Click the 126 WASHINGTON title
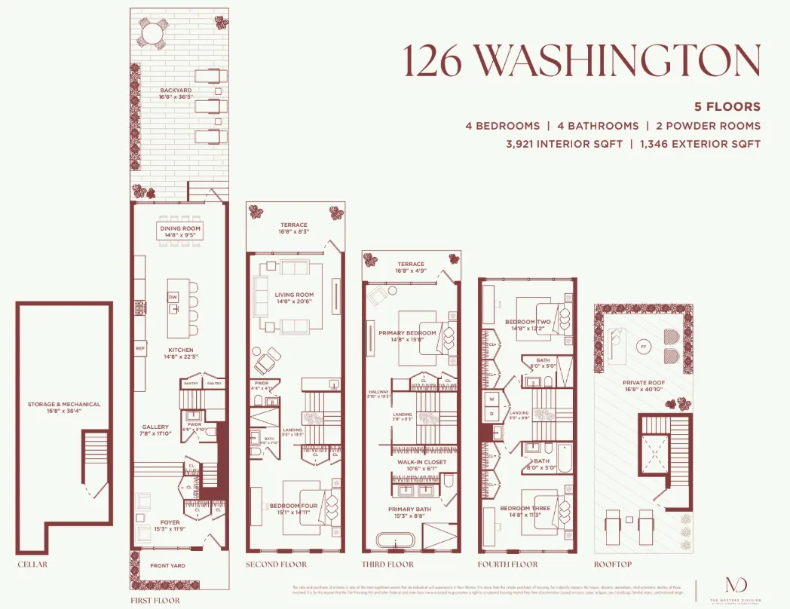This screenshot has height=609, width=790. coord(581,60)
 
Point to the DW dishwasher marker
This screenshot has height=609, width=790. coord(174,298)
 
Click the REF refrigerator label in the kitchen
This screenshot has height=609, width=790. coord(140,349)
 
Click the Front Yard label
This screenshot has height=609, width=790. coord(168,566)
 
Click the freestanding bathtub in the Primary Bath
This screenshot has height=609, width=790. coord(392,541)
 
